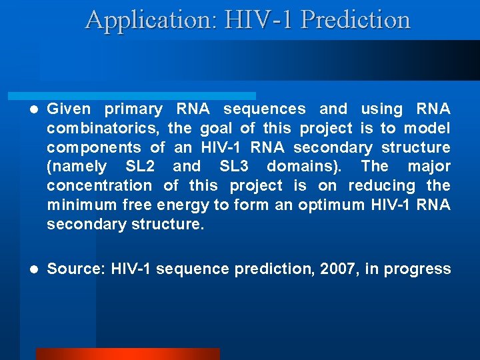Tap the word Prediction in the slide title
tap(355, 20)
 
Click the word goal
tap(215, 128)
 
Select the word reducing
tap(383, 185)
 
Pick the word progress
tap(419, 269)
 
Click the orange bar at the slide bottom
tap(127, 354)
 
